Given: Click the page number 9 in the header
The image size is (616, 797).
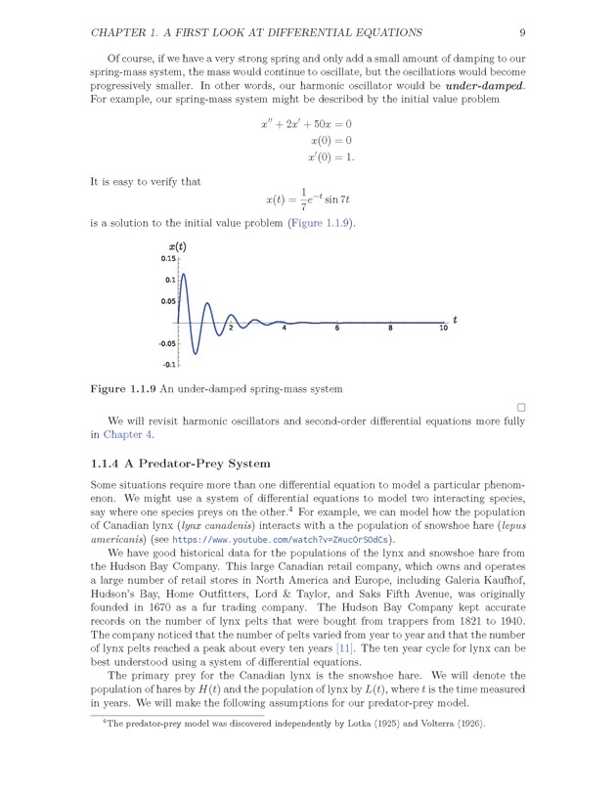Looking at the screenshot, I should point(523,32).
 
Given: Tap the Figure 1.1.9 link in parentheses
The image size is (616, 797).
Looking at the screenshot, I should point(321,223).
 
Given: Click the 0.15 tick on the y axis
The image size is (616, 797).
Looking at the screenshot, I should point(168,259).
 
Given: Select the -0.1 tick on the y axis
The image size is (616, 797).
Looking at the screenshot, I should point(169,365).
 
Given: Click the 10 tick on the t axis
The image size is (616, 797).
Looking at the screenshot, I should point(442,329).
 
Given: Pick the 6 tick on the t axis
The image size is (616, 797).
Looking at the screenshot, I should point(336,329).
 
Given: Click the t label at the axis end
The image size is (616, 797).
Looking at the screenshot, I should point(455,320).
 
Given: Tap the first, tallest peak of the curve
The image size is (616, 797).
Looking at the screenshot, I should point(183,277).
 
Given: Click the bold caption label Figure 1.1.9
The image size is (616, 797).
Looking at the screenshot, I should point(124,389).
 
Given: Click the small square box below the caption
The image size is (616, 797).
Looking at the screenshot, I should point(521,407).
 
